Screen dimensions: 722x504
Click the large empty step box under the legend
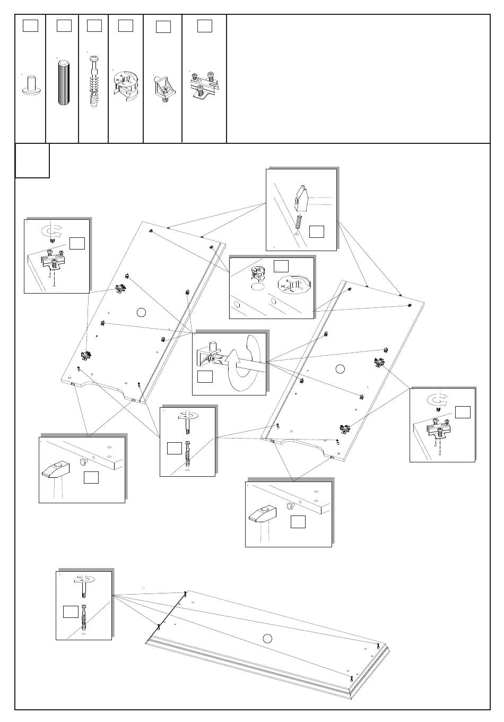pos(32,160)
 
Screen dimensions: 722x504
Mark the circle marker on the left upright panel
pos(141,312)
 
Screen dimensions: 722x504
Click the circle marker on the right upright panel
pos(341,368)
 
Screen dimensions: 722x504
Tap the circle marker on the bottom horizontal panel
pos(268,638)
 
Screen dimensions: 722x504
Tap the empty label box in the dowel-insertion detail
pos(317,231)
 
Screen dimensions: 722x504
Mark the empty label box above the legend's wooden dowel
pos(64,25)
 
